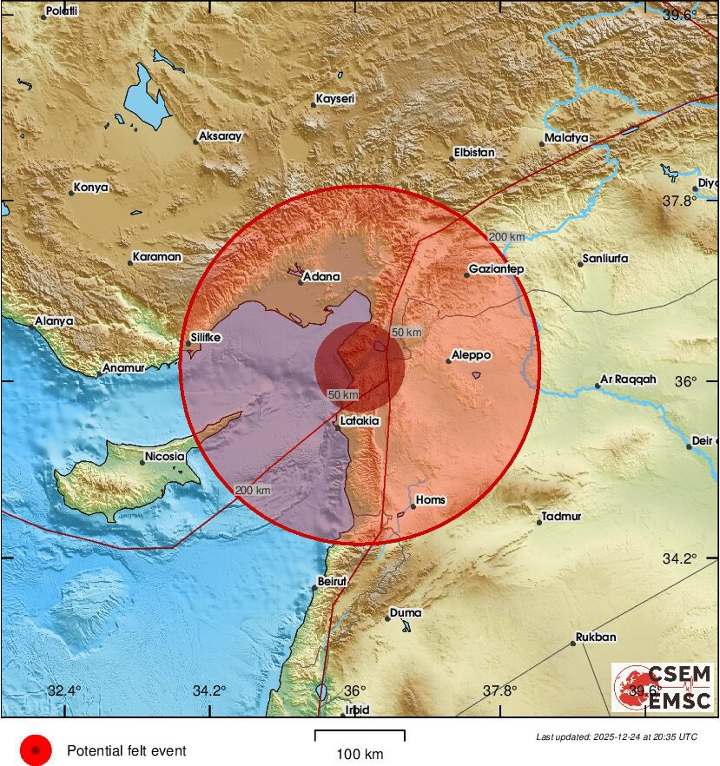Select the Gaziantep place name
tap(496, 269)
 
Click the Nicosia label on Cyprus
tap(164, 456)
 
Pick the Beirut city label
tap(333, 580)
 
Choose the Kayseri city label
tap(336, 100)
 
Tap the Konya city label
tap(91, 187)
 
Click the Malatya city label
tap(567, 138)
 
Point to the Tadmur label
tap(562, 516)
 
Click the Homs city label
tap(431, 499)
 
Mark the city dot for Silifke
tap(188, 344)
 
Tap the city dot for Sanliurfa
tap(580, 264)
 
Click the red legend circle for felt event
tap(36, 750)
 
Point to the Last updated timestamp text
tap(616, 736)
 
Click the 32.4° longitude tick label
tap(64, 691)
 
